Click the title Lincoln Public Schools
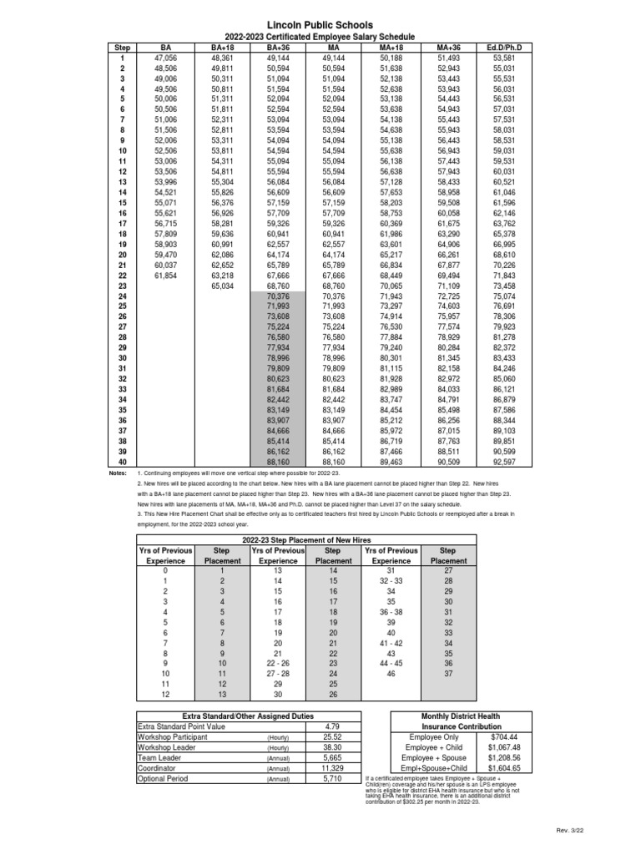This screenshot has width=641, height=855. [320, 28]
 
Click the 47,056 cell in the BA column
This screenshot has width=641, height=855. [165, 58]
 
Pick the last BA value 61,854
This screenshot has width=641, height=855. [165, 275]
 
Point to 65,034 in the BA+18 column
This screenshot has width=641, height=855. [222, 285]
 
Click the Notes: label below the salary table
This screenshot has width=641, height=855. [117, 473]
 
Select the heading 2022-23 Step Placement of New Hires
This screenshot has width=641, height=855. [306, 541]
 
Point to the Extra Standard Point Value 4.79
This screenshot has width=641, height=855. [332, 727]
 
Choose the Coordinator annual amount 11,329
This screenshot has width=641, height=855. [332, 768]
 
